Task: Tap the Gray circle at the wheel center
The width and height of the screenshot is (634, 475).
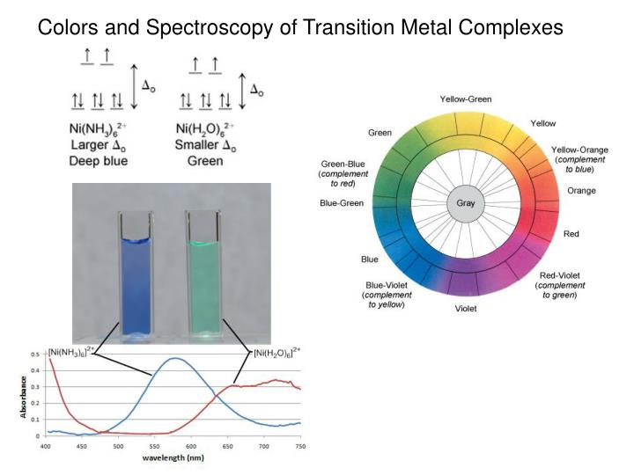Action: (465, 204)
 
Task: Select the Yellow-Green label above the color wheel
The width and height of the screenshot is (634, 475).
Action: (466, 99)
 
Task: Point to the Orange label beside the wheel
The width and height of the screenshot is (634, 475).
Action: (581, 190)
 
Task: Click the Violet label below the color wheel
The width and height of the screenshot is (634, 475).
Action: (467, 309)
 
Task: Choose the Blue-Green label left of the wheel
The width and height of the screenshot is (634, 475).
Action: (340, 204)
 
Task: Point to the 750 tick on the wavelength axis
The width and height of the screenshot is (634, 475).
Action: (300, 447)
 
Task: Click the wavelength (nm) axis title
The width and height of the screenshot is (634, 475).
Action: (173, 459)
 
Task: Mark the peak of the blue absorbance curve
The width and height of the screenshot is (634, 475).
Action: (176, 357)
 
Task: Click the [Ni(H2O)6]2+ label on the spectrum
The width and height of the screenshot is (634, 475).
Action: (276, 354)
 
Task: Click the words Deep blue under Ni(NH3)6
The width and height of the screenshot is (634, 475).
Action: (98, 161)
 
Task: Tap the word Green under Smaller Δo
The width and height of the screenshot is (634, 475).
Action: (205, 161)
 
